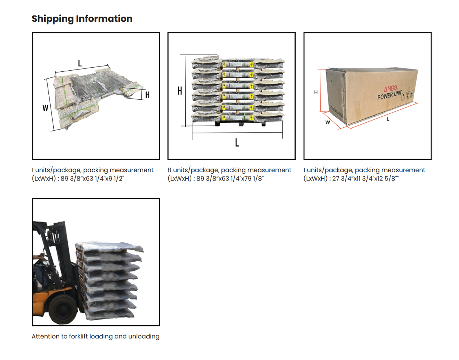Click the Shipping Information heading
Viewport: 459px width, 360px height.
click(82, 19)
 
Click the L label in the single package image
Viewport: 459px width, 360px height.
click(79, 63)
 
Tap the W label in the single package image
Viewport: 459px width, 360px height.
click(45, 108)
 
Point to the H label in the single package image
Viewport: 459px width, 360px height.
click(147, 95)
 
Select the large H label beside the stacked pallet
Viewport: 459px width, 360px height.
click(180, 91)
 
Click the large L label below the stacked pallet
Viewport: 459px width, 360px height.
click(237, 142)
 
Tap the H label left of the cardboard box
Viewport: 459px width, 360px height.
click(315, 92)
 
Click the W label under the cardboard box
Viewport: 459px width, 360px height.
click(327, 122)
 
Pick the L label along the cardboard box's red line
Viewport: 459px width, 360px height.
click(388, 119)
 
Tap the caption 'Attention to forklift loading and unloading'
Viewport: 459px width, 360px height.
click(95, 336)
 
